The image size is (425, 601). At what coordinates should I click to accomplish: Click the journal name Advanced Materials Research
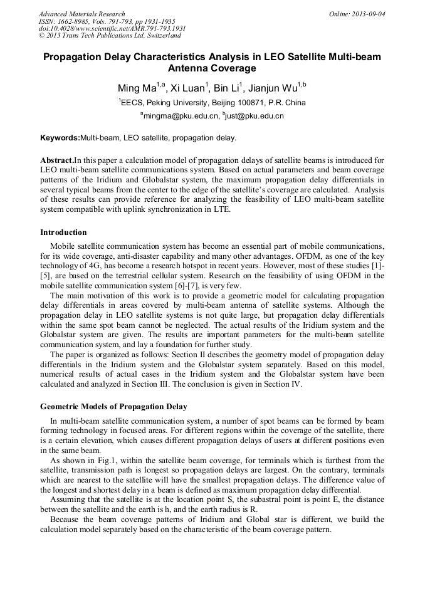[x=81, y=14]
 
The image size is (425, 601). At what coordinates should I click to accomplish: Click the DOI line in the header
[x=112, y=28]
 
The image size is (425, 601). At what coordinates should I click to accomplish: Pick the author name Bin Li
[x=228, y=88]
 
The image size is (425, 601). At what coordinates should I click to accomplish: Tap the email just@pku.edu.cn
[x=254, y=116]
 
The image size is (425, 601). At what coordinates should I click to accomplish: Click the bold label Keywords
[x=60, y=137]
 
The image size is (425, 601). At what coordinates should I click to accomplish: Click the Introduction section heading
[x=63, y=233]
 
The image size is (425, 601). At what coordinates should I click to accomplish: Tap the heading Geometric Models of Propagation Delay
[x=113, y=407]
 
